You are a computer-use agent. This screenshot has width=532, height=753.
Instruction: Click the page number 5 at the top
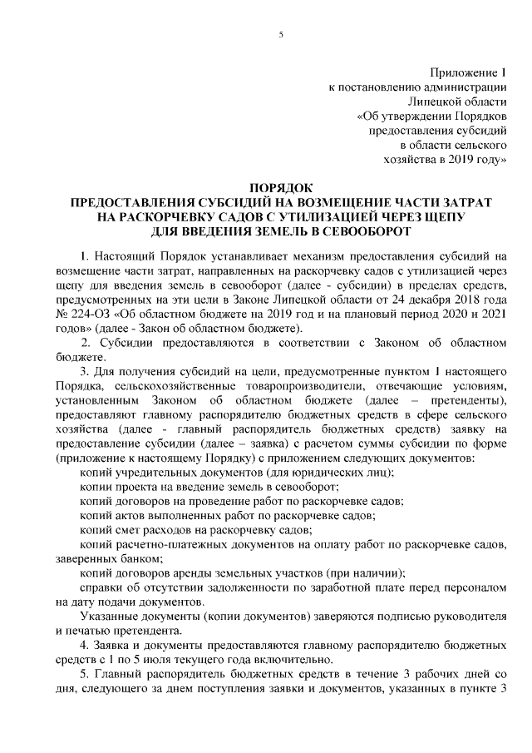point(282,34)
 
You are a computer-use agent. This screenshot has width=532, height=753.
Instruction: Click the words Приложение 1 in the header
point(468,73)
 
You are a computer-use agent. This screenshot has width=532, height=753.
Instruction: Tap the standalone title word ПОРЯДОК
point(282,188)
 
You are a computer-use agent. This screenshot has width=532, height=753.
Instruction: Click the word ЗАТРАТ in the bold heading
point(461,202)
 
